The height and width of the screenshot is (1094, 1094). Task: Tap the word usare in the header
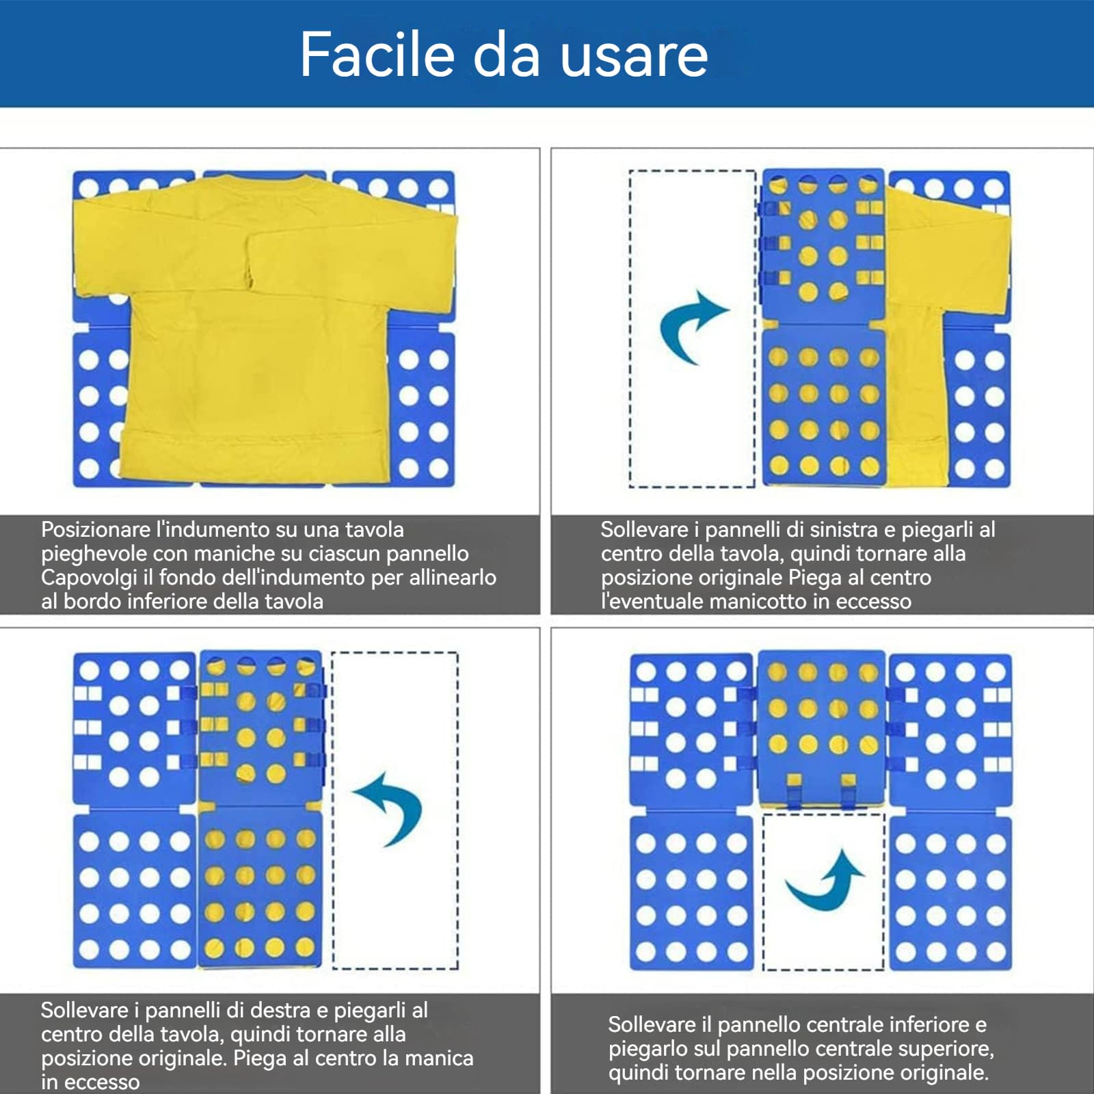coord(634,57)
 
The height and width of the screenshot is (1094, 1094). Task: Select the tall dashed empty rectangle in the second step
coord(692,329)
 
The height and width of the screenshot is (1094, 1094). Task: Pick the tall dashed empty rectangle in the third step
coord(395,810)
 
